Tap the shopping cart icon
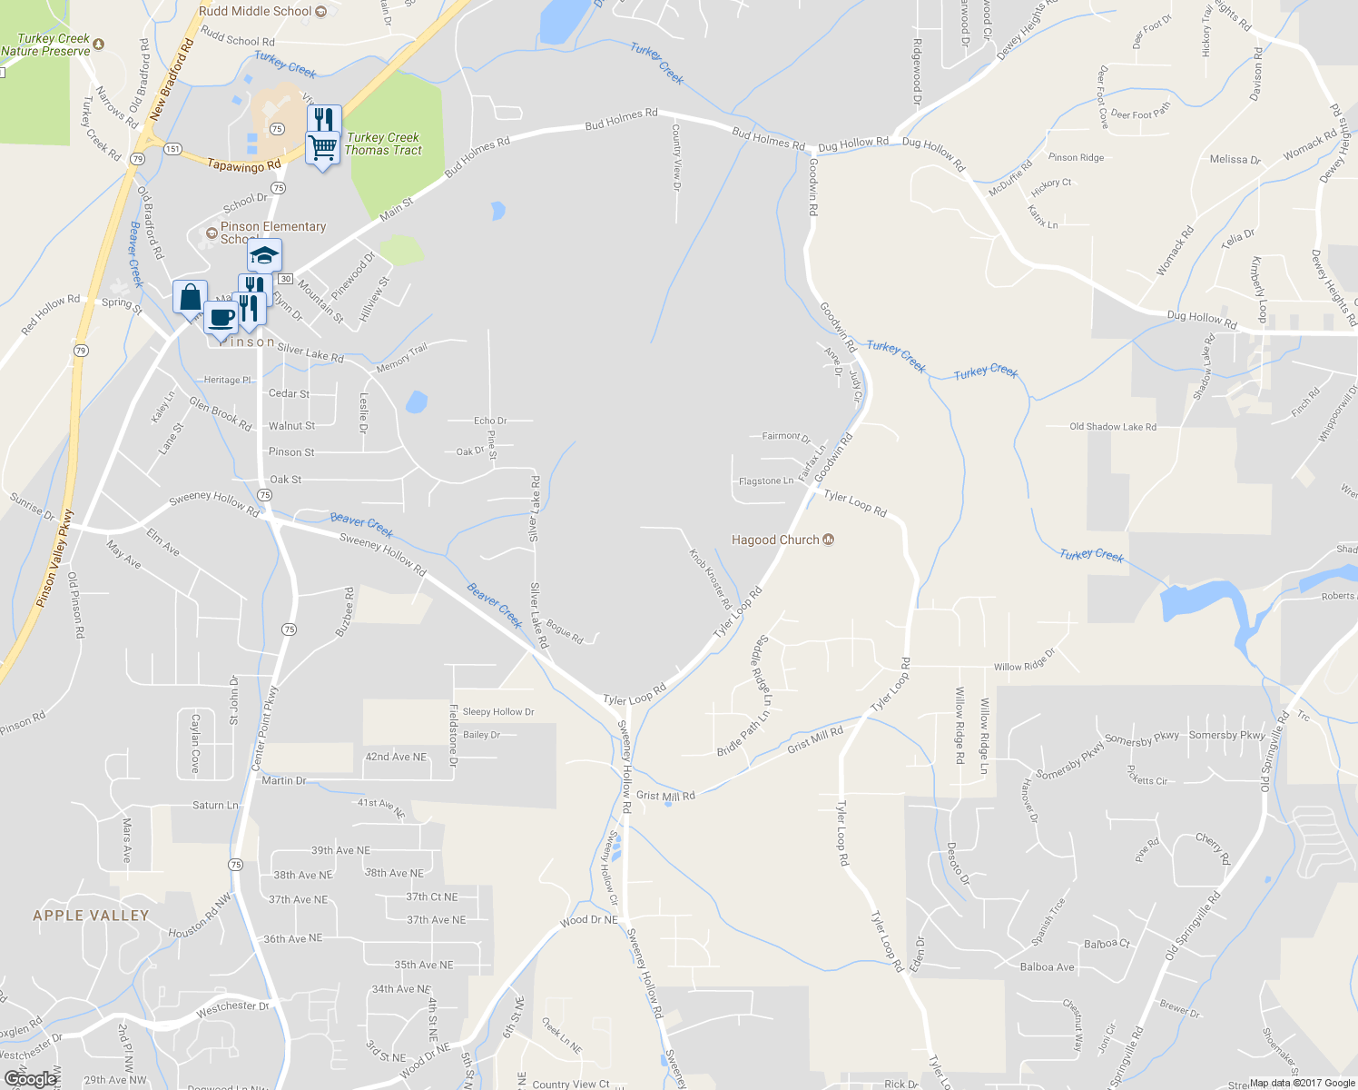tap(323, 147)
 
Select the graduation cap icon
tap(264, 256)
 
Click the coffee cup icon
tap(221, 318)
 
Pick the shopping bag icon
tap(190, 297)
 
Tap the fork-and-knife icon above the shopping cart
tap(323, 119)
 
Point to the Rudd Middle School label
tap(256, 11)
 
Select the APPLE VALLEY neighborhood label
tap(91, 916)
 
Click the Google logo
tap(30, 1079)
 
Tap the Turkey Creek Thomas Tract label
tap(383, 144)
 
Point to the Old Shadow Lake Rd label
tap(1112, 427)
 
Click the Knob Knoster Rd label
tap(710, 579)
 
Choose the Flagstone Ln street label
tap(765, 481)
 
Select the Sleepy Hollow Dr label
tap(498, 712)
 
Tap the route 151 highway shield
tap(172, 149)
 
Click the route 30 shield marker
tap(285, 279)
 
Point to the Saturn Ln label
tap(215, 805)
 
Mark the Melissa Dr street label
tap(1235, 160)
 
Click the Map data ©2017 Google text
tap(1302, 1083)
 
